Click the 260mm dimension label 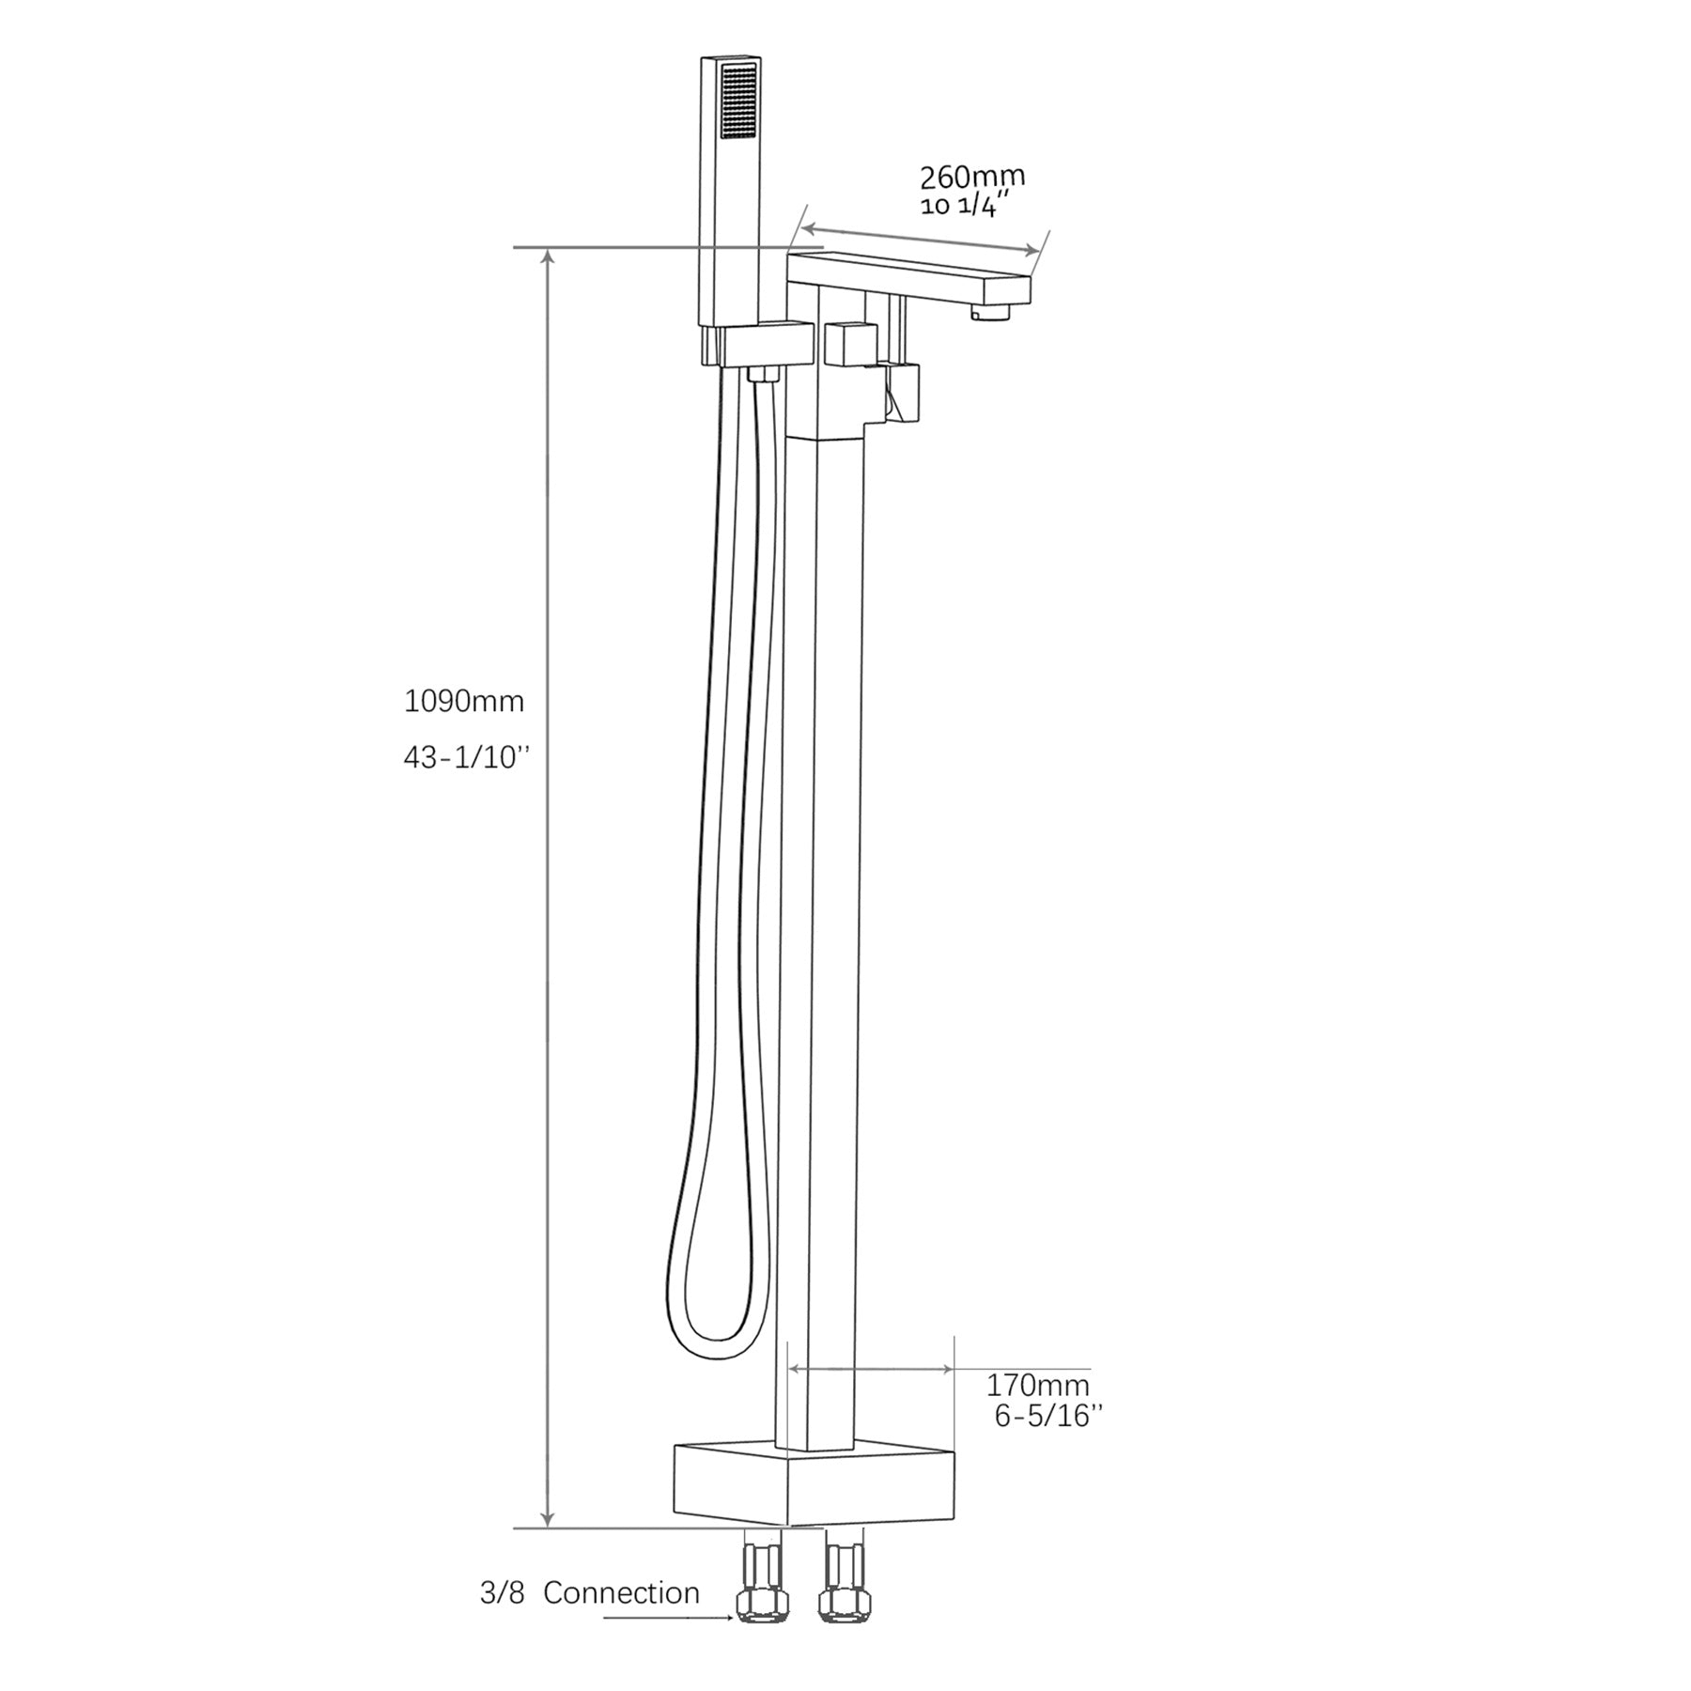click(x=971, y=177)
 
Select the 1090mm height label click(x=463, y=701)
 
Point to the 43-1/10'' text click(x=467, y=758)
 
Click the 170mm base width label click(x=1037, y=1385)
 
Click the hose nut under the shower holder click(x=765, y=375)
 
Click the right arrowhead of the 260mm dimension click(x=1032, y=249)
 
